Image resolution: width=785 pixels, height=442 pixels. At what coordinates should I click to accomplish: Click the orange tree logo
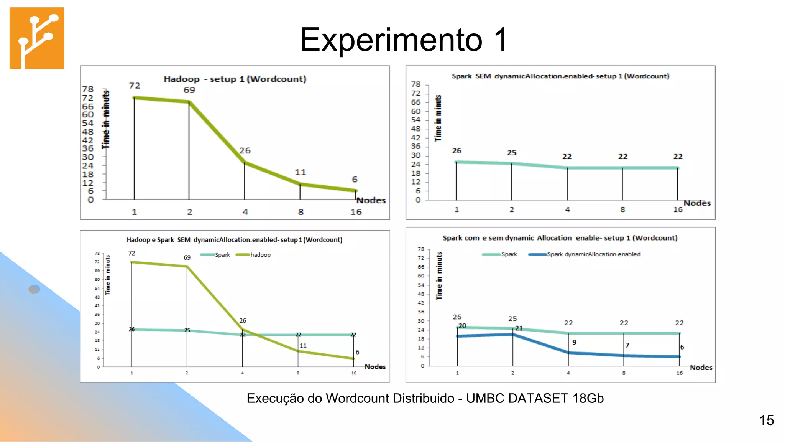[x=37, y=38]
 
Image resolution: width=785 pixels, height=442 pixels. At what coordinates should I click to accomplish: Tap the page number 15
[x=766, y=420]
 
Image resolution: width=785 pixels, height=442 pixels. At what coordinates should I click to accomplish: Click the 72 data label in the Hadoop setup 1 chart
[x=135, y=86]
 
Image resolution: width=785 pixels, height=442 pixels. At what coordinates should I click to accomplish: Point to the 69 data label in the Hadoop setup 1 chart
[x=189, y=90]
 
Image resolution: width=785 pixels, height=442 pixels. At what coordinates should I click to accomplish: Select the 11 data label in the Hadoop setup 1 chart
[x=301, y=172]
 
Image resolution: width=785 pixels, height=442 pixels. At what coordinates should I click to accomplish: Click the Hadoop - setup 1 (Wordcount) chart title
[x=235, y=79]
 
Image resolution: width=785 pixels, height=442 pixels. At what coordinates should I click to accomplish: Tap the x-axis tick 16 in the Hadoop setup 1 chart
[x=356, y=212]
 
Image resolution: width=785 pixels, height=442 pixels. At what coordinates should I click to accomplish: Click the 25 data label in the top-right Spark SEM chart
[x=512, y=152]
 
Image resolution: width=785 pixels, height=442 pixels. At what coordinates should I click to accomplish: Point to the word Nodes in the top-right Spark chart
[x=697, y=203]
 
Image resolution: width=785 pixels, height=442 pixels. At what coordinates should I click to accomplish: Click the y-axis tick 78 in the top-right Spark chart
[x=416, y=84]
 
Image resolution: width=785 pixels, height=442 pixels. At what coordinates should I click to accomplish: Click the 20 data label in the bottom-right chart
[x=462, y=326]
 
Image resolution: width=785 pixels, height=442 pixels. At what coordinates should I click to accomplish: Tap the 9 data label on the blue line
[x=574, y=342]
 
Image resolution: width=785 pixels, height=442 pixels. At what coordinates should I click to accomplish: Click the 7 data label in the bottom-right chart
[x=627, y=345]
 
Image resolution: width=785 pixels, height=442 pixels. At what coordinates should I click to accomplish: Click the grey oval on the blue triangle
[x=34, y=289]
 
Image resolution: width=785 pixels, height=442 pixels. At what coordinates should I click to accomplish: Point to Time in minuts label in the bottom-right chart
[x=439, y=276]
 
